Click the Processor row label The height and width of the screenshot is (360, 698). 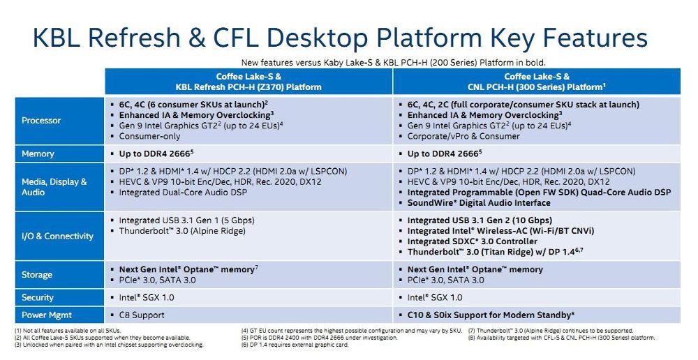coord(41,120)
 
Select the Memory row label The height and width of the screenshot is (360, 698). coord(38,153)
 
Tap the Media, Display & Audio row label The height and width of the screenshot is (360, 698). coord(54,187)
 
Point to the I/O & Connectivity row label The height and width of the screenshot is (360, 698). coord(57,236)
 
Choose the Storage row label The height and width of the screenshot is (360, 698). coord(37,275)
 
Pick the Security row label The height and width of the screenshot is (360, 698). coord(38,297)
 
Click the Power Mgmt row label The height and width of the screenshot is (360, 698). coord(47,315)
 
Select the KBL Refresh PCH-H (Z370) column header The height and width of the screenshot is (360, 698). coord(248,82)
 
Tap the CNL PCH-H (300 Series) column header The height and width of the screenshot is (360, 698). coord(536,82)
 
